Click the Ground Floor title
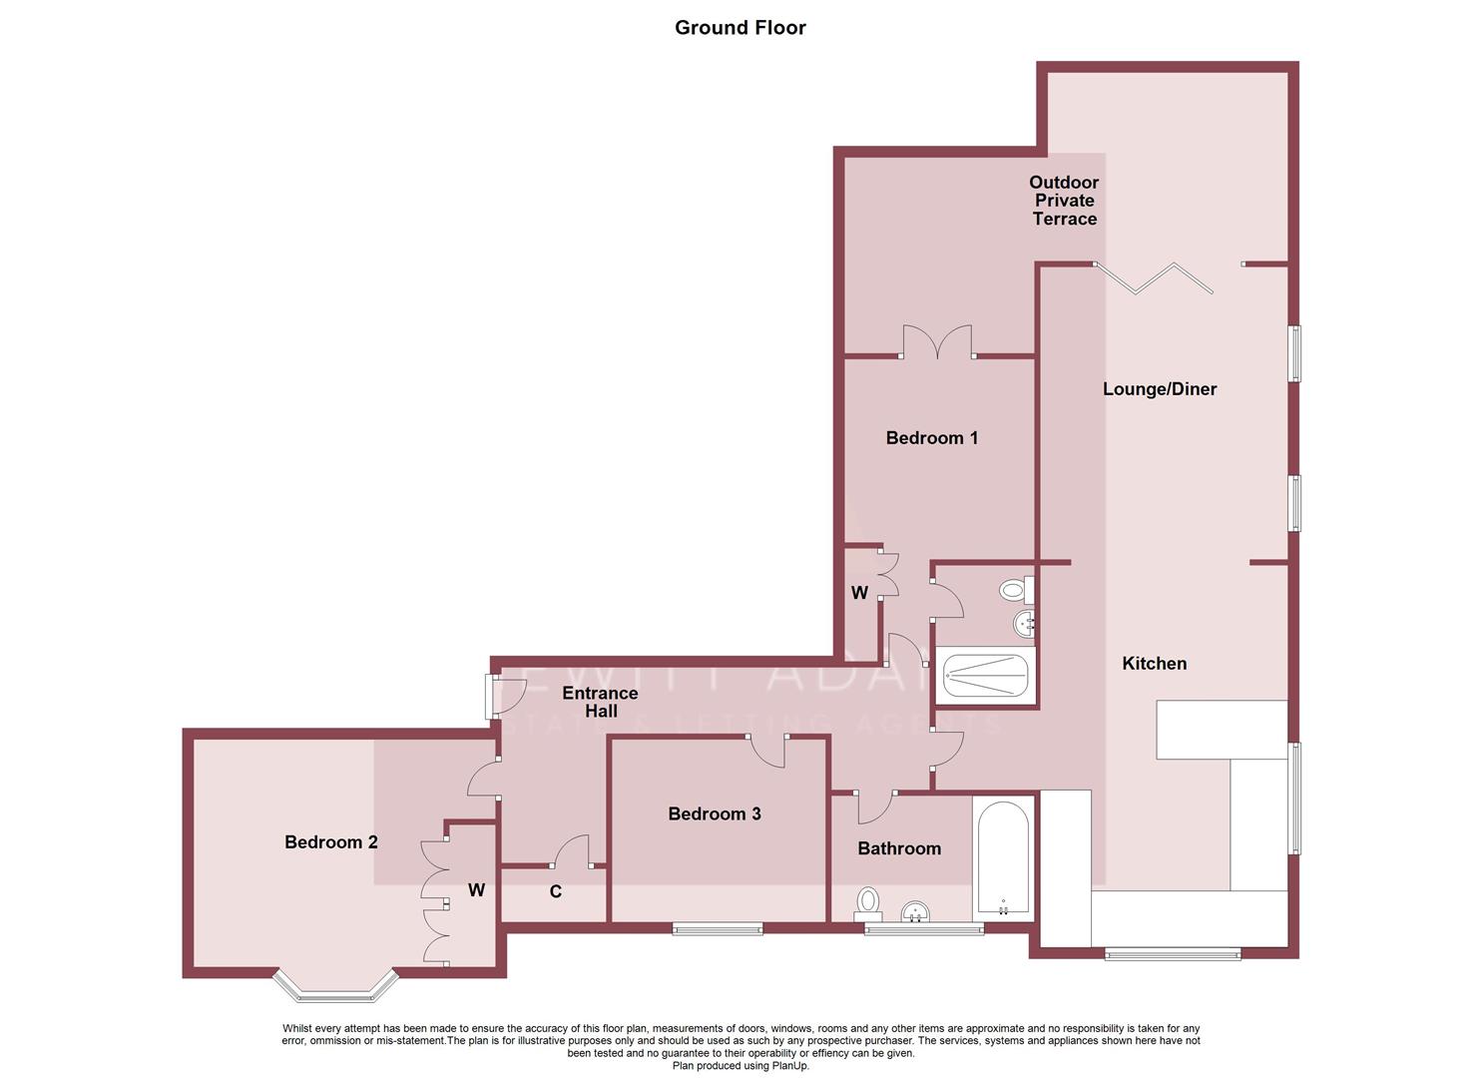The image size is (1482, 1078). pos(740,28)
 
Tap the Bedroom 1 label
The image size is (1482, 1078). pos(931,437)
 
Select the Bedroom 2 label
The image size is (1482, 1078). pos(330,841)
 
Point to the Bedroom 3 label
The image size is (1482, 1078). pos(714,813)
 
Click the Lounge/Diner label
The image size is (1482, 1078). pos(1159,389)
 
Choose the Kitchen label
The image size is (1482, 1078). pos(1154,663)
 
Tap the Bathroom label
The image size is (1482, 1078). pos(898,847)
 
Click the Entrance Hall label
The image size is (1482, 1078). pos(600,702)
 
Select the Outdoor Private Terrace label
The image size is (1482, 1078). pos(1064,201)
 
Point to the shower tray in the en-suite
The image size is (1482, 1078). pos(985,676)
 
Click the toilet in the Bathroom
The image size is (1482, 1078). pos(867,903)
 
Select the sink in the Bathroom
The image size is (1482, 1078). pos(915,911)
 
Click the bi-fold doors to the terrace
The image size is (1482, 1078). pos(1155,278)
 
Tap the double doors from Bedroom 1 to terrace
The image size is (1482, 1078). pos(937,342)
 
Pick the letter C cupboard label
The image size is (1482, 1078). pos(556,891)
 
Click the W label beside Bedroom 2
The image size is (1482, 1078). pos(476,889)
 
